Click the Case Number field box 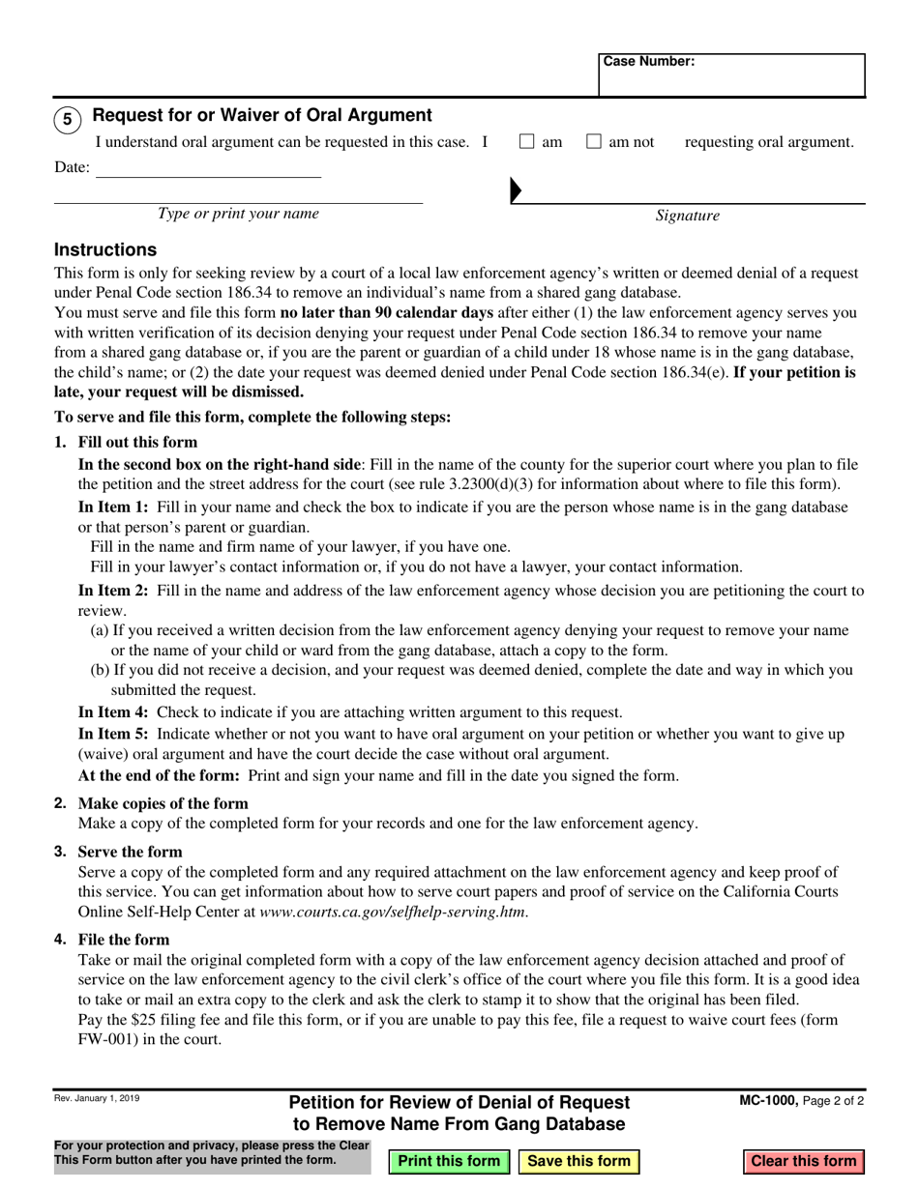pos(731,74)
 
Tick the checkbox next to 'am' pos(527,142)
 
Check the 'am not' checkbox pos(595,142)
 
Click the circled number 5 pos(67,120)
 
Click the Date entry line pos(208,168)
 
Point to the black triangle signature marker pos(516,190)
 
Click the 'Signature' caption pos(687,216)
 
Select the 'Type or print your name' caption pos(238,214)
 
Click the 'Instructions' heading pos(105,249)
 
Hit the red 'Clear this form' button pos(803,1161)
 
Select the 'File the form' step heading pos(123,940)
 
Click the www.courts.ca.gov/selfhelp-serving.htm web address pos(393,911)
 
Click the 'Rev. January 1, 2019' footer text pos(96,1098)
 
